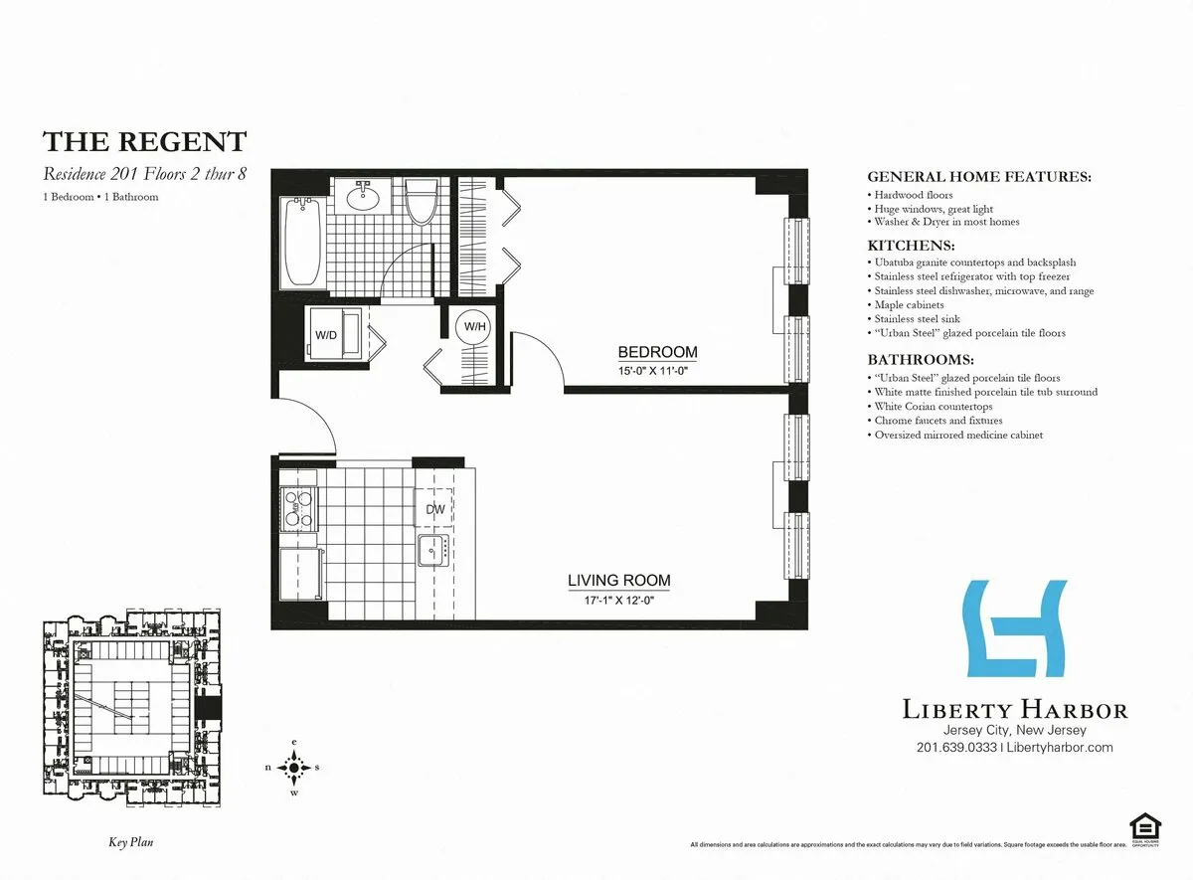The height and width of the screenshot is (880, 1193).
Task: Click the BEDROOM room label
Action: (x=657, y=352)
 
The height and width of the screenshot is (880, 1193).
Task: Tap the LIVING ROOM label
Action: (x=618, y=581)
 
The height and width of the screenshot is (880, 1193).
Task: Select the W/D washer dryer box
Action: (x=325, y=334)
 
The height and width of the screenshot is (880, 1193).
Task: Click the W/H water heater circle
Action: (x=472, y=327)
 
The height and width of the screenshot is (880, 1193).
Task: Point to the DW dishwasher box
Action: (x=434, y=509)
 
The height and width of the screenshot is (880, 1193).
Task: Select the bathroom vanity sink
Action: (x=363, y=197)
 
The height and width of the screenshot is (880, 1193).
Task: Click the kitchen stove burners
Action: (x=297, y=508)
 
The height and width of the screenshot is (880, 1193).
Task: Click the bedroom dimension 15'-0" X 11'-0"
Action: (x=653, y=370)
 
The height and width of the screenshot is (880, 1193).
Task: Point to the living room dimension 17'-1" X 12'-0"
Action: (x=617, y=600)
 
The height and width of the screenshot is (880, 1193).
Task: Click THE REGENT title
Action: (x=144, y=141)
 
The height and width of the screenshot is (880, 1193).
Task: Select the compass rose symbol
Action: (x=295, y=767)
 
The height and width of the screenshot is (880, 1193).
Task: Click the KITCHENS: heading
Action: (x=911, y=245)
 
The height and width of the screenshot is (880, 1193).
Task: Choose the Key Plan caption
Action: (x=130, y=842)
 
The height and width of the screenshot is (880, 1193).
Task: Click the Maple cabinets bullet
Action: (x=909, y=304)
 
